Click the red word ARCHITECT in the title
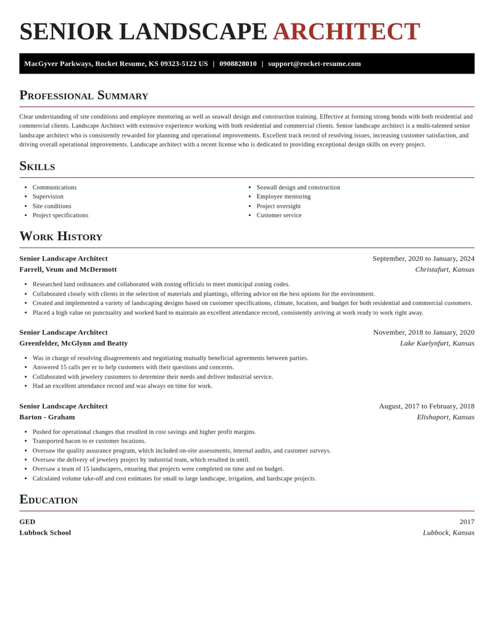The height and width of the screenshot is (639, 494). click(346, 32)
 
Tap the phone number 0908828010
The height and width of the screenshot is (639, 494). click(238, 64)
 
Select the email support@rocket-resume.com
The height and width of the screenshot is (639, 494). click(314, 64)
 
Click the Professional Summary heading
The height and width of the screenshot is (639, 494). click(83, 95)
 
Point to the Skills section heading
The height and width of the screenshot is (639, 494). click(37, 166)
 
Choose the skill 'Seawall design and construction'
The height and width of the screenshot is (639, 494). click(298, 187)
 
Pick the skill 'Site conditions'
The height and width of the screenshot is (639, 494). click(52, 206)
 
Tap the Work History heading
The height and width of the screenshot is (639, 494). click(61, 236)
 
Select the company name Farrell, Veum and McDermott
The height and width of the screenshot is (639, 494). click(68, 269)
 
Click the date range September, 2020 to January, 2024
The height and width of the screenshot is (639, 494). click(423, 259)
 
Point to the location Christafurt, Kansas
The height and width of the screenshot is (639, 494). click(445, 269)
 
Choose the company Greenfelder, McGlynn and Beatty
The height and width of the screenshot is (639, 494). click(73, 343)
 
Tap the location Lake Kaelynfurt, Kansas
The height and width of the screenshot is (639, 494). click(437, 343)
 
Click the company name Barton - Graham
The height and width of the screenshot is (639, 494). click(47, 417)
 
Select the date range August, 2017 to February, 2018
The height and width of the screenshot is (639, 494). click(427, 406)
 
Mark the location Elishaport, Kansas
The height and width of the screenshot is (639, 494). click(445, 417)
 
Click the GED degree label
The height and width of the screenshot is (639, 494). click(27, 522)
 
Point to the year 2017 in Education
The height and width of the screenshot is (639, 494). click(467, 522)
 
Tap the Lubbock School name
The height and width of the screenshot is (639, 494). click(45, 533)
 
